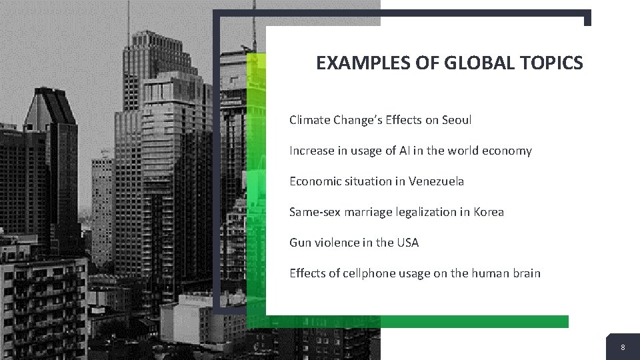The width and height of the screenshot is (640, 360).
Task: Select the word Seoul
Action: click(457, 121)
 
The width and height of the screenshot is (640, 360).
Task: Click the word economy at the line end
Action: click(507, 151)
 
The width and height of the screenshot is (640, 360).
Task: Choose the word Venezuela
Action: click(437, 181)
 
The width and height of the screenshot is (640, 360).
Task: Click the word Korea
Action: click(489, 213)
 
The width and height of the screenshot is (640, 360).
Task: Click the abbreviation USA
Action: click(407, 243)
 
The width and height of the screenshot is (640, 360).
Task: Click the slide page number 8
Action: click(623, 348)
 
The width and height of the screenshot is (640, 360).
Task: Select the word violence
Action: click(336, 243)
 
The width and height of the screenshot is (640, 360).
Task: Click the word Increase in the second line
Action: click(311, 151)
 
